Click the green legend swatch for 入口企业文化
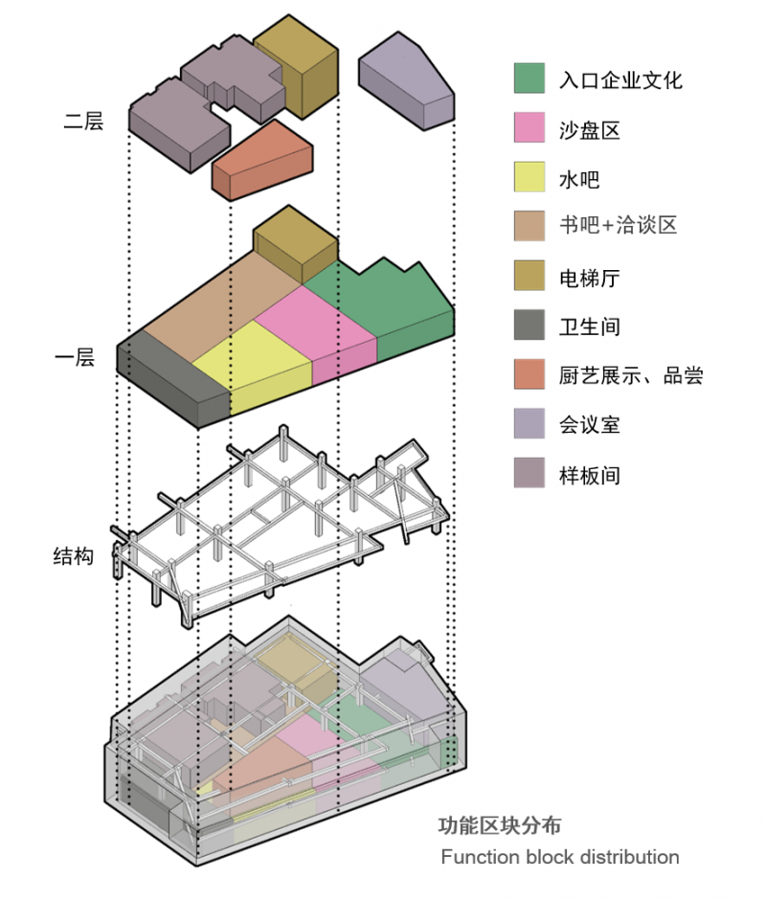(529, 79)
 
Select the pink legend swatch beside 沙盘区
(529, 128)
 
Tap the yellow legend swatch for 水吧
(529, 178)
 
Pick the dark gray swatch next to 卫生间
(529, 326)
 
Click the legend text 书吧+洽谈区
(619, 226)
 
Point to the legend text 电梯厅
(590, 277)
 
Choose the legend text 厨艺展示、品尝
(631, 374)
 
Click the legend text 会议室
(590, 424)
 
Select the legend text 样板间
(590, 474)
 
